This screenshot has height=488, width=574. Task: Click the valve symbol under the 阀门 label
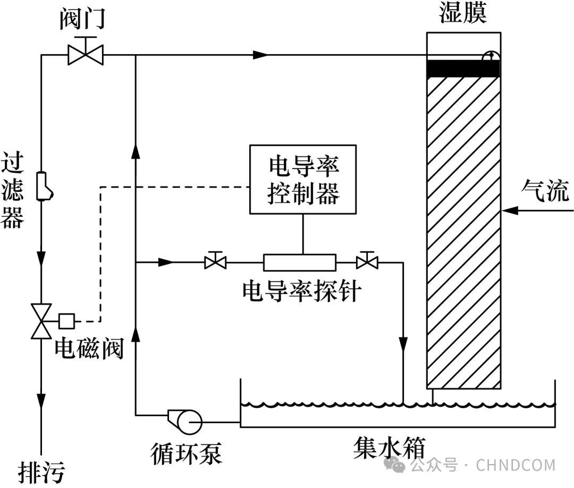86,54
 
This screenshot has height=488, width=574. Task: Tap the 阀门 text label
83,19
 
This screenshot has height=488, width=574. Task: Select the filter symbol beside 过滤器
44,187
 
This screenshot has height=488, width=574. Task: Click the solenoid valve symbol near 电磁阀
41,321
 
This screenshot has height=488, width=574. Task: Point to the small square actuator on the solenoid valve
67,321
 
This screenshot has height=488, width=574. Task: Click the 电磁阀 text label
89,349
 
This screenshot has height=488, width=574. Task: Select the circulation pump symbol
186,421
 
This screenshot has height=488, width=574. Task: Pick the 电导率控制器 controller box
303,180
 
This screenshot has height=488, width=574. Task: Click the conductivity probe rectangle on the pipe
300,262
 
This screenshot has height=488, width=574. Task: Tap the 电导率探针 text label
301,291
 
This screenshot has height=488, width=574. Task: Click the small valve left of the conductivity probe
215,261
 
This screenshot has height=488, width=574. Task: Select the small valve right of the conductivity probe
367,261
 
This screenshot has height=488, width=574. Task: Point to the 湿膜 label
463,14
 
